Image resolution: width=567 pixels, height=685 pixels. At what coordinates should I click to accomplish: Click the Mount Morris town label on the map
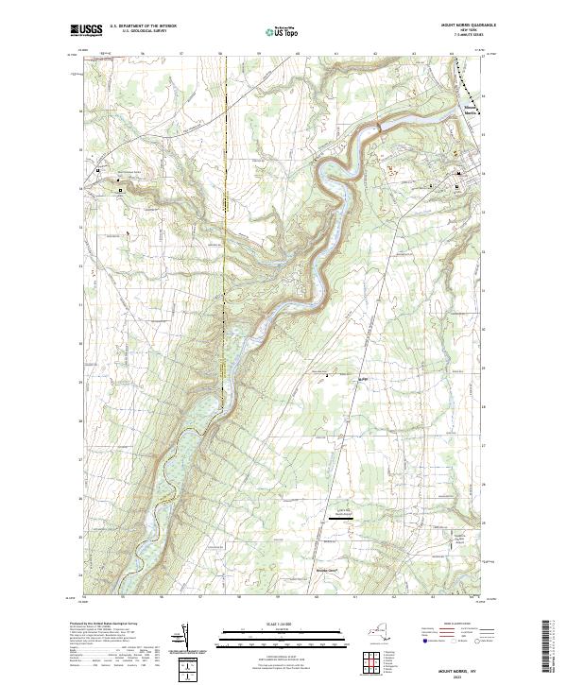470,112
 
